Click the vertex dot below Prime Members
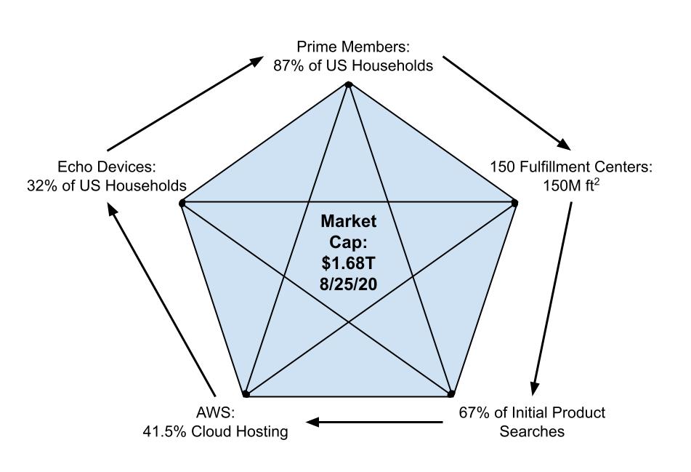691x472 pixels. tap(349, 84)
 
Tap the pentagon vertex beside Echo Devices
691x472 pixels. tap(182, 203)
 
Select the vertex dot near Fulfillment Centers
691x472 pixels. tap(514, 202)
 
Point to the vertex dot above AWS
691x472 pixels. tap(246, 394)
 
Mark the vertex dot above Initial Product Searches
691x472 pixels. tap(450, 394)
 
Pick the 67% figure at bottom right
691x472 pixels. tap(473, 413)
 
